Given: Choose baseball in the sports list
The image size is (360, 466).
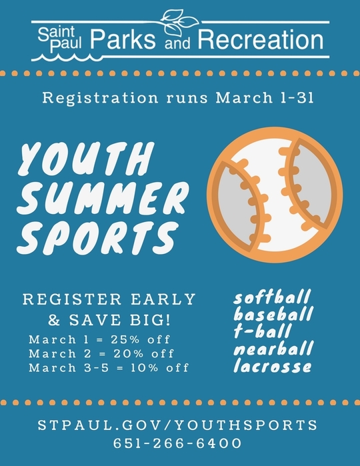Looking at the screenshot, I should coord(273,315).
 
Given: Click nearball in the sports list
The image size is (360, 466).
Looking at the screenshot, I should coord(273,349).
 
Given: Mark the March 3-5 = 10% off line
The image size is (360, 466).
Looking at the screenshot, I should coord(109,367).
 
